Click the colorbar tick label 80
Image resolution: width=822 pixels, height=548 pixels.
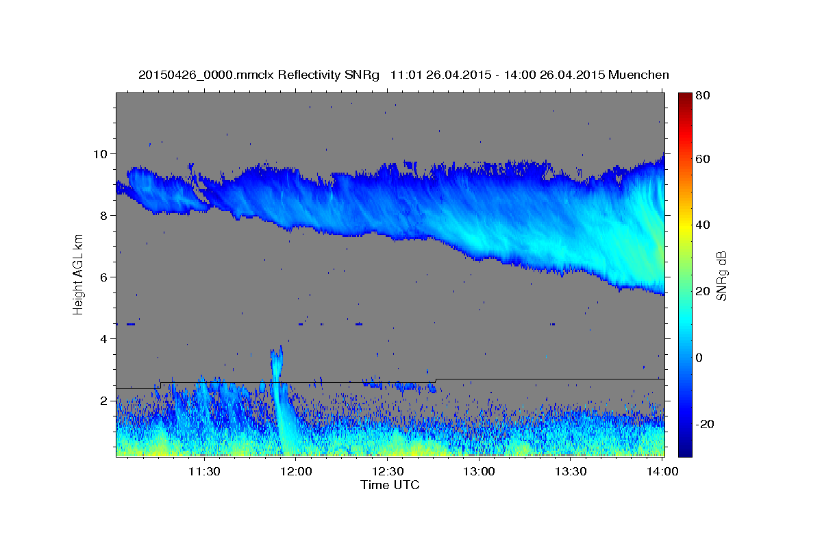pos(702,96)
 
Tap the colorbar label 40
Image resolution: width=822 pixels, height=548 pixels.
pos(702,225)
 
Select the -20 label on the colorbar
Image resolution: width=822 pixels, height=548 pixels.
pos(704,425)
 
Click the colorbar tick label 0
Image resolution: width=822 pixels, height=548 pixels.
pos(699,358)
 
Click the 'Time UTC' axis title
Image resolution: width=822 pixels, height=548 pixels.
pos(390,485)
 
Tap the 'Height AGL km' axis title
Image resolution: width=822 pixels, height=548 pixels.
pos(78,275)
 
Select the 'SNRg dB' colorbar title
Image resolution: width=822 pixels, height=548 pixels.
pos(721,275)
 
